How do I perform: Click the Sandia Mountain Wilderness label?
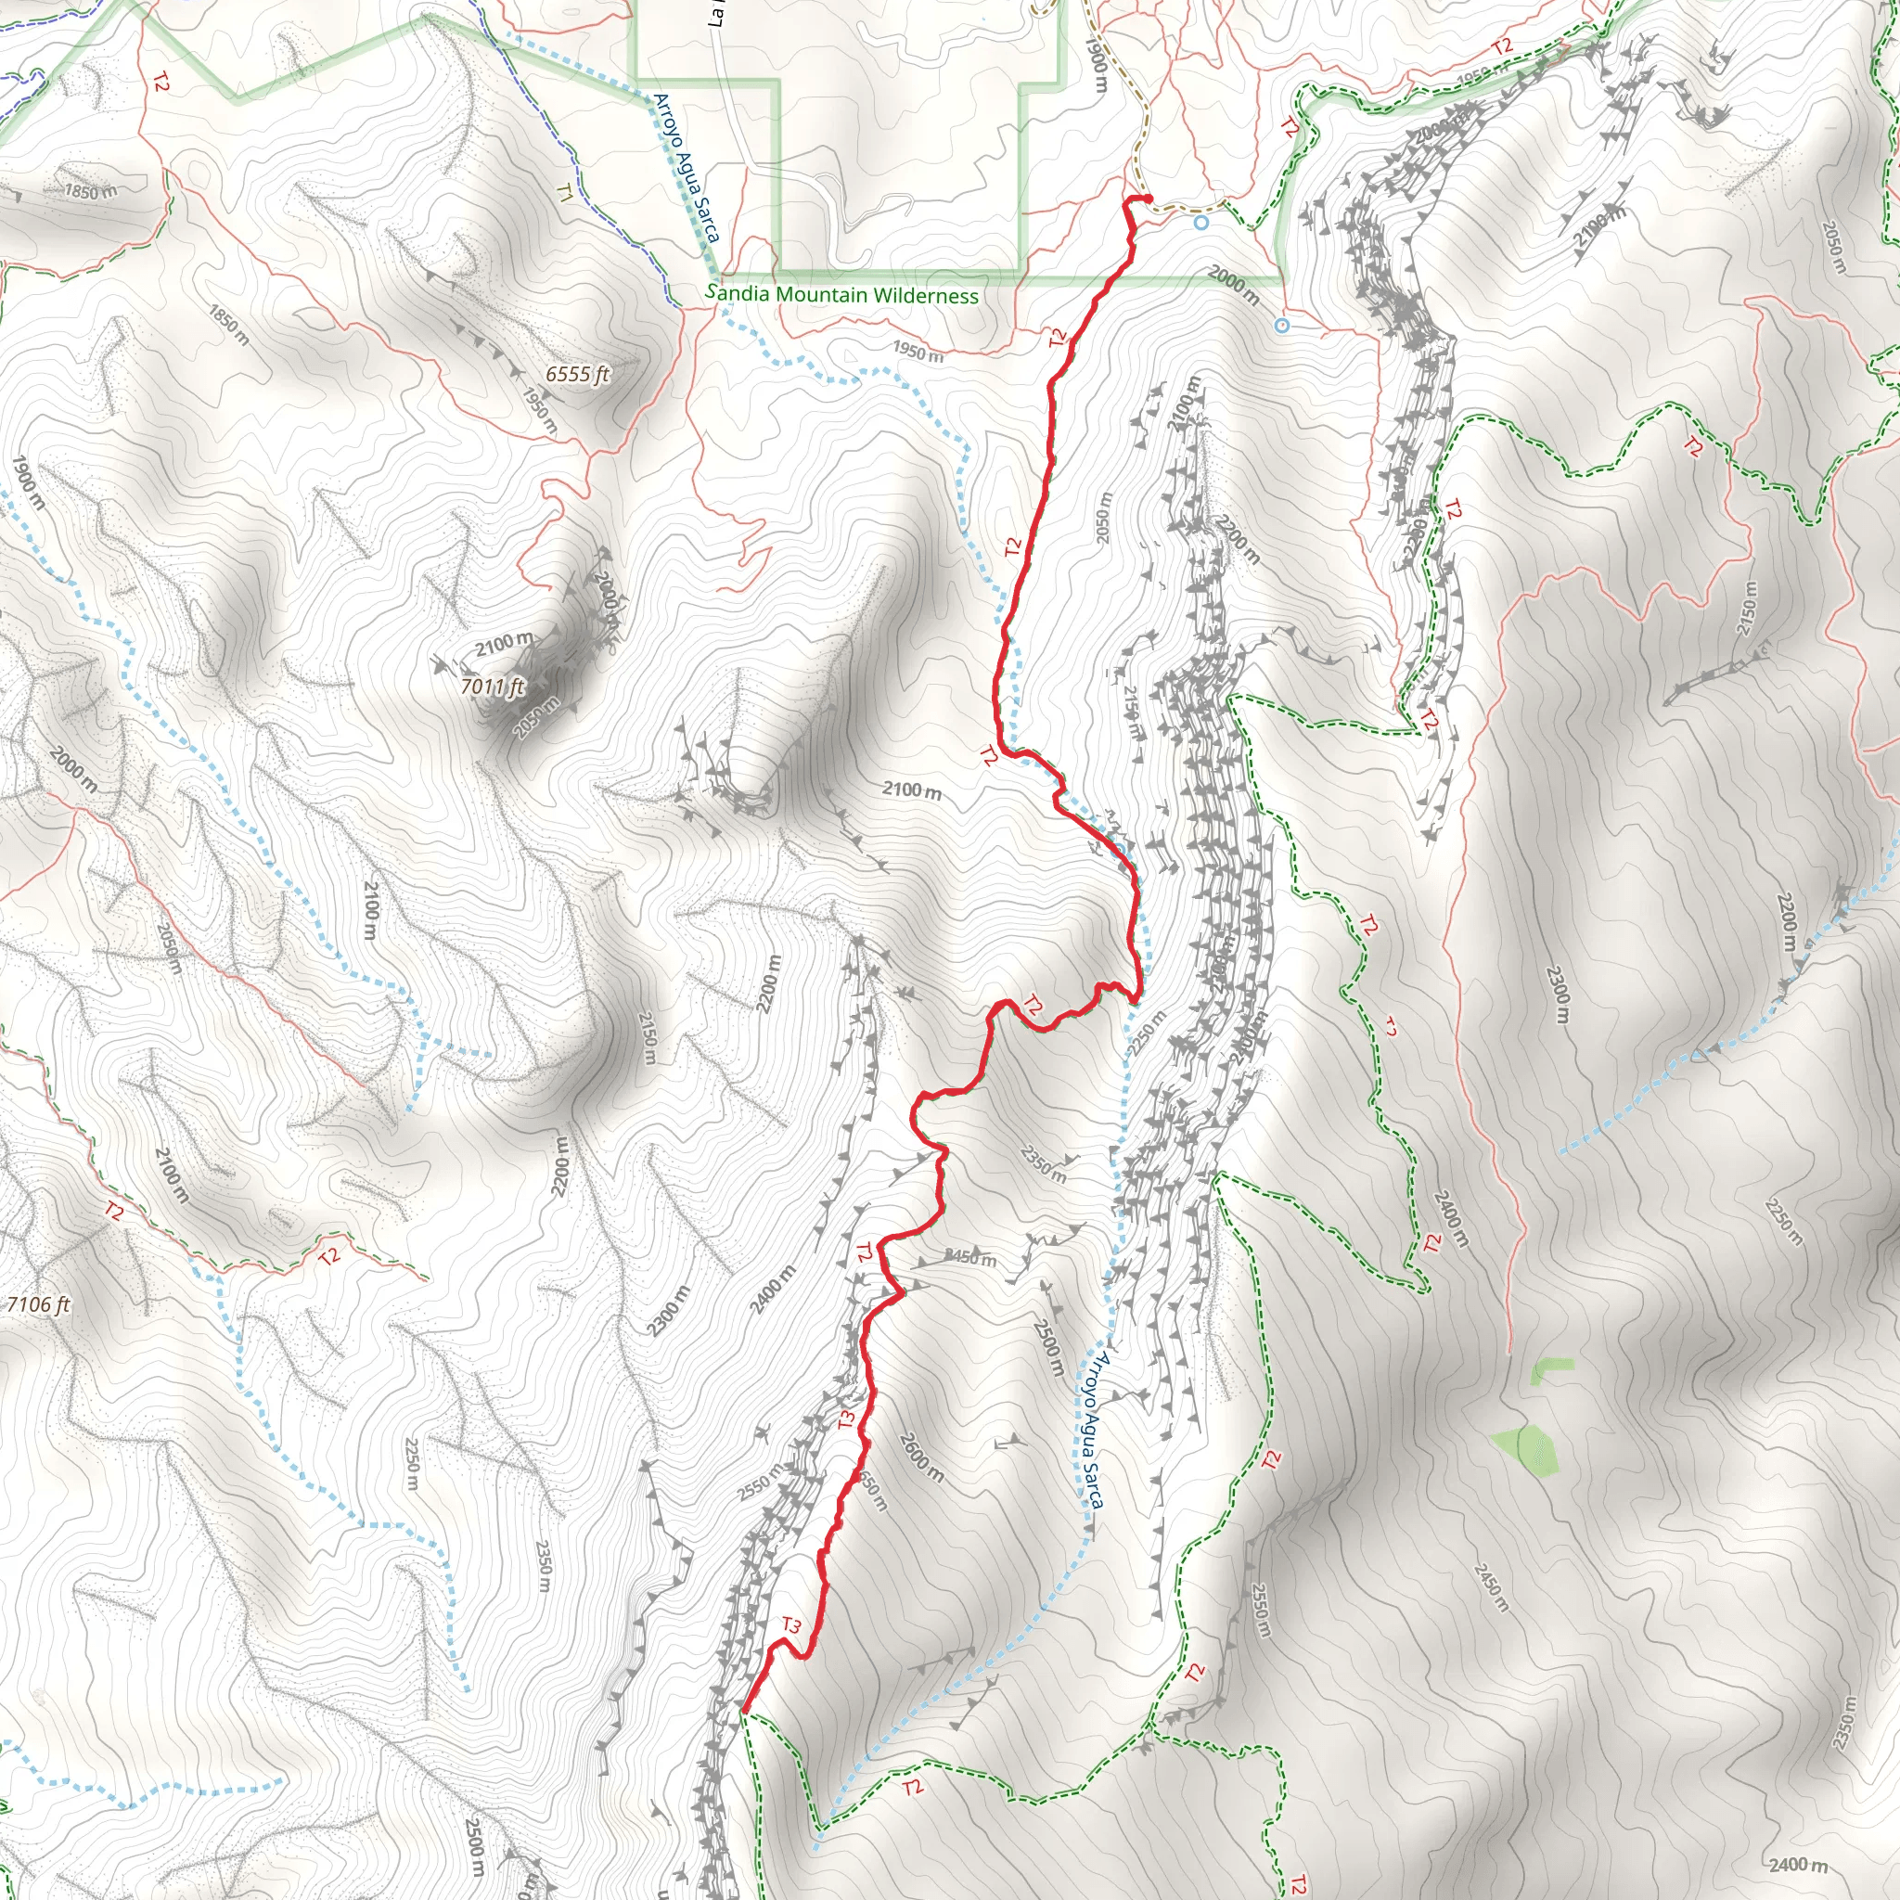pyautogui.click(x=842, y=294)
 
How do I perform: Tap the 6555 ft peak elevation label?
pyautogui.click(x=577, y=374)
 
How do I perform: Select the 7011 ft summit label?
pyautogui.click(x=492, y=686)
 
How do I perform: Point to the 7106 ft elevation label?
pyautogui.click(x=37, y=1305)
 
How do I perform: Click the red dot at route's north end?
pyautogui.click(x=1147, y=199)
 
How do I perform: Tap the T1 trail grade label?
pyautogui.click(x=564, y=192)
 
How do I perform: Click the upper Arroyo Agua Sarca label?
pyautogui.click(x=687, y=167)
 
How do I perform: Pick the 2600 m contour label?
pyautogui.click(x=920, y=1457)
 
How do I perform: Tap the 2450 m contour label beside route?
pyautogui.click(x=970, y=1257)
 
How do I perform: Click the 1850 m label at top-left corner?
pyautogui.click(x=91, y=191)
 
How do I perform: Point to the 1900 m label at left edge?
pyautogui.click(x=29, y=481)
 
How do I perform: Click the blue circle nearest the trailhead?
pyautogui.click(x=1200, y=224)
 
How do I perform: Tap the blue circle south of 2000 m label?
pyautogui.click(x=1282, y=326)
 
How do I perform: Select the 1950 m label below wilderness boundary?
pyautogui.click(x=918, y=351)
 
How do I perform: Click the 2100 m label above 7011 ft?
pyautogui.click(x=505, y=644)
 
